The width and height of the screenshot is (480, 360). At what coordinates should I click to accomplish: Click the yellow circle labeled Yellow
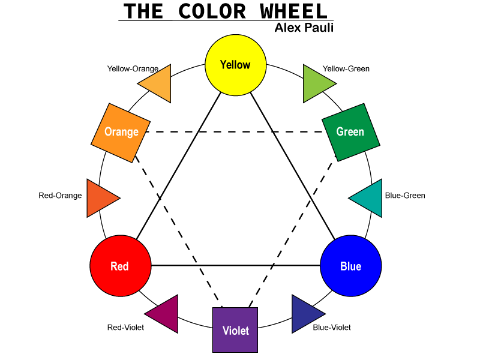click(x=235, y=65)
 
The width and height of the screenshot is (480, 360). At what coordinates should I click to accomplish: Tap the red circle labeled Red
click(x=119, y=265)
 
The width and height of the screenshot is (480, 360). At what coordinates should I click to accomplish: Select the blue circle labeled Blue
click(x=351, y=265)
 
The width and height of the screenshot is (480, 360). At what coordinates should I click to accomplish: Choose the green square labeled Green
click(x=350, y=132)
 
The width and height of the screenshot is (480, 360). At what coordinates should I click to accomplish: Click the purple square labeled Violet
click(x=235, y=330)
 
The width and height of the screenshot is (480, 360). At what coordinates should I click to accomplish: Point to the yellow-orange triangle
click(x=160, y=83)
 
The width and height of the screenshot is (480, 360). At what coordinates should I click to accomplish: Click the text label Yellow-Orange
click(x=133, y=68)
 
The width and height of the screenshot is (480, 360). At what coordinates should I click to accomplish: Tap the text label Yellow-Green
click(x=346, y=68)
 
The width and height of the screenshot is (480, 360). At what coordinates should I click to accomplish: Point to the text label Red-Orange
click(x=60, y=196)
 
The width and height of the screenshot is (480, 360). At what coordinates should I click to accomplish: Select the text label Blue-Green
click(x=405, y=196)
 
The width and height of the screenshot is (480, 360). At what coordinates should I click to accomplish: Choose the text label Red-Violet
click(x=125, y=328)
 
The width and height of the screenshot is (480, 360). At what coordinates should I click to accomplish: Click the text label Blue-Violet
click(x=332, y=328)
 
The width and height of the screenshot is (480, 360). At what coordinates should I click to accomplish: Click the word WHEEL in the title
click(x=295, y=11)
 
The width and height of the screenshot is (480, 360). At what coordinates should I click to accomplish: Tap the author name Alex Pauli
click(x=304, y=28)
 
